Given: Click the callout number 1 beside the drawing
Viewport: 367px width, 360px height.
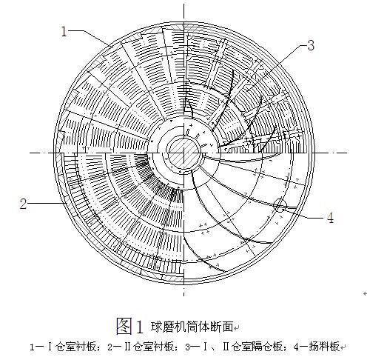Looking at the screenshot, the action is pos(64,32).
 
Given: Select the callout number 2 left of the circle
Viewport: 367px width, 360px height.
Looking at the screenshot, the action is pos(23,204).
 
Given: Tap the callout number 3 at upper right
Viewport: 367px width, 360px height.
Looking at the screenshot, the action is pos(311,45).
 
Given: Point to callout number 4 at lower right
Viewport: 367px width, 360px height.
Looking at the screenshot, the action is pos(330,218).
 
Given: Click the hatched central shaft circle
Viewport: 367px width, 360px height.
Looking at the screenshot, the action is pos(183,153).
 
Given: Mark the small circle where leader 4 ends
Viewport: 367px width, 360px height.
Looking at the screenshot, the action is pos(280,204).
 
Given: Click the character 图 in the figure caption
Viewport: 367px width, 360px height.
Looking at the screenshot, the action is pos(124,326).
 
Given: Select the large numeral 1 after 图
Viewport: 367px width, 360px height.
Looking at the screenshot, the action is pos(139,327).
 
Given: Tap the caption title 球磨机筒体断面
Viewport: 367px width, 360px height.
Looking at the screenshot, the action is pos(192,327).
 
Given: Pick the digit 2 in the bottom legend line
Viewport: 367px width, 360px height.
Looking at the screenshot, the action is pos(110,347).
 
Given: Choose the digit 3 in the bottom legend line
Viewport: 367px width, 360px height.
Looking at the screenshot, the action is pos(188,347).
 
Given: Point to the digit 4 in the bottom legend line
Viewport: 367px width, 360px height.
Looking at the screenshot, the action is pos(296,347).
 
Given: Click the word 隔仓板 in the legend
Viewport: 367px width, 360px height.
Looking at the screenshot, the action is pos(269,347).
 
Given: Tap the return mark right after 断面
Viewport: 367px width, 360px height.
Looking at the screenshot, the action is pos(236,328).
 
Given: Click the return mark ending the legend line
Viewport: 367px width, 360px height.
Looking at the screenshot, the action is pos(343,347).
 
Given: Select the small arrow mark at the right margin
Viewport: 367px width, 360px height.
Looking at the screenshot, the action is pos(365,293).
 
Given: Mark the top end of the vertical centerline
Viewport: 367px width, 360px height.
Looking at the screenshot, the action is pos(183,4).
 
